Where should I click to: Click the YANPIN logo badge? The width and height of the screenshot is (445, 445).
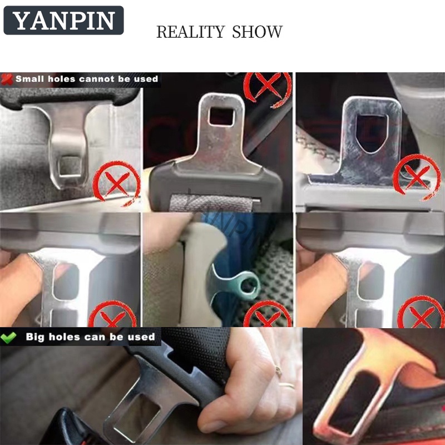point(63,21)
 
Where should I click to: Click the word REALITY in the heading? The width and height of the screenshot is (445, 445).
point(190,32)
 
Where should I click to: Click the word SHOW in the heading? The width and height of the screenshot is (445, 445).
point(257,32)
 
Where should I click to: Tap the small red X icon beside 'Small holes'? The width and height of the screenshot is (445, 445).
point(7,79)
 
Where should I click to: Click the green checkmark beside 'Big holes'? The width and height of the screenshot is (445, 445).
point(8,337)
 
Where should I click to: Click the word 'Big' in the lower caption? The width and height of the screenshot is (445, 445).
point(34,337)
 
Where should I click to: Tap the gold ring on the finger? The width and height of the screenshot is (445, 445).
point(286,385)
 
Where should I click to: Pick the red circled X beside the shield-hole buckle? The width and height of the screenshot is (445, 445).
point(417,176)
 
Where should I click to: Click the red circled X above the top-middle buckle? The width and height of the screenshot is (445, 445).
point(268,88)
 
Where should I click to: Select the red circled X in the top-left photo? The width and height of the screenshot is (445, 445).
point(117,182)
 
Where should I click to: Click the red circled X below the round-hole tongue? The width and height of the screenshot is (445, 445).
point(268,314)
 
